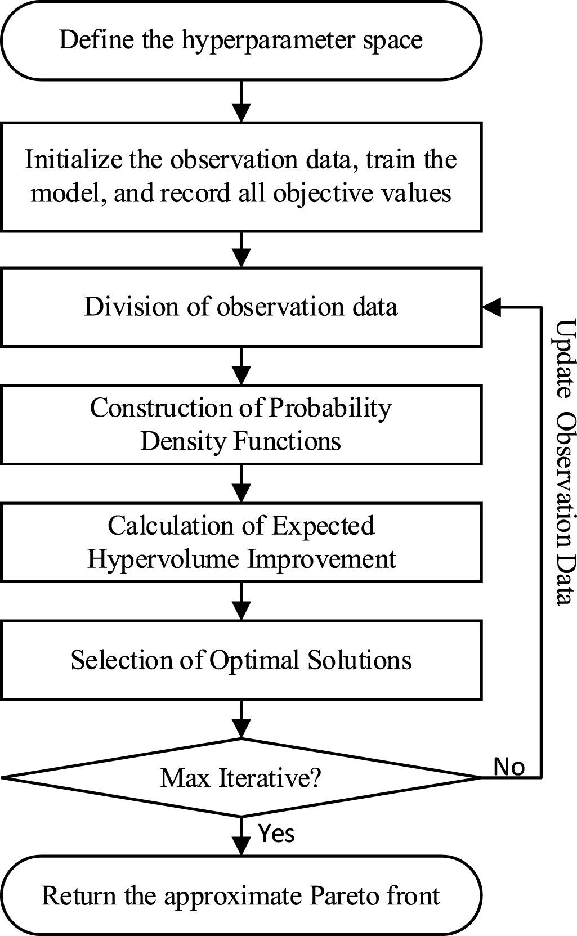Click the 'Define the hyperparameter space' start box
tap(241, 41)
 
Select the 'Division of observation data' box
tap(241, 307)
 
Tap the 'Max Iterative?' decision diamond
tap(241, 778)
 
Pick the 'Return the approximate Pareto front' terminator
tap(241, 895)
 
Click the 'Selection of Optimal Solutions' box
tap(241, 660)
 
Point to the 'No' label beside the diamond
tap(509, 767)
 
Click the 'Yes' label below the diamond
tap(276, 833)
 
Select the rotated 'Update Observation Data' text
tap(565, 462)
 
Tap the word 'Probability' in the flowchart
tap(330, 408)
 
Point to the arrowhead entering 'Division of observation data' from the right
tap(491, 307)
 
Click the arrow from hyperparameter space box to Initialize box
tap(241, 101)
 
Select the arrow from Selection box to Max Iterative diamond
tap(241, 719)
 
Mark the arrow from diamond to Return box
tap(241, 836)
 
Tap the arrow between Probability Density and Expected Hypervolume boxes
tap(241, 483)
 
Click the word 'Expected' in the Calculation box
tap(323, 526)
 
